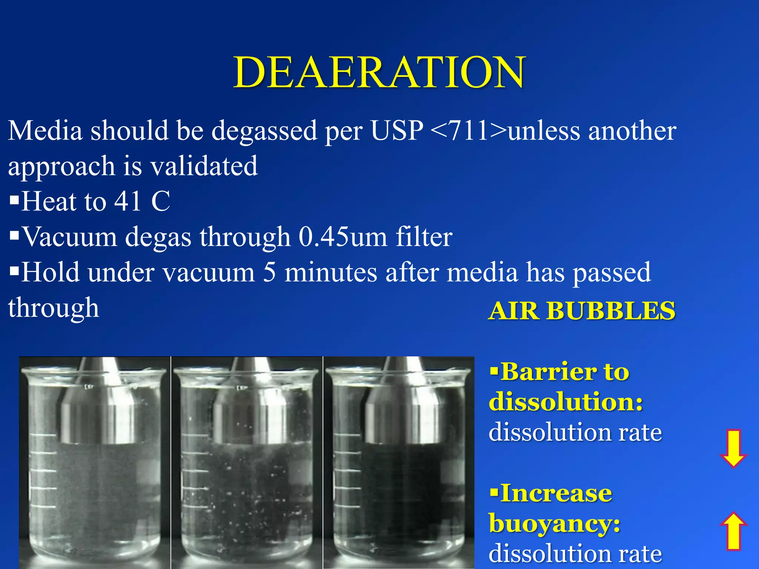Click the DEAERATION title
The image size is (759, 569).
coord(379,72)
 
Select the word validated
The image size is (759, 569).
coord(204,166)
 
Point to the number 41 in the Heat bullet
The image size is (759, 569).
coord(127,202)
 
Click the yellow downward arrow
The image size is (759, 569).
coord(733,449)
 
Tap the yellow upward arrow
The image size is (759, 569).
coord(733,530)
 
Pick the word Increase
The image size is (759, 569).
coord(556,493)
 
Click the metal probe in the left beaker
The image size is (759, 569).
coord(99,407)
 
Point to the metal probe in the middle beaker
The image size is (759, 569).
coord(251,407)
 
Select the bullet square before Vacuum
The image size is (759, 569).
coord(14,236)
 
